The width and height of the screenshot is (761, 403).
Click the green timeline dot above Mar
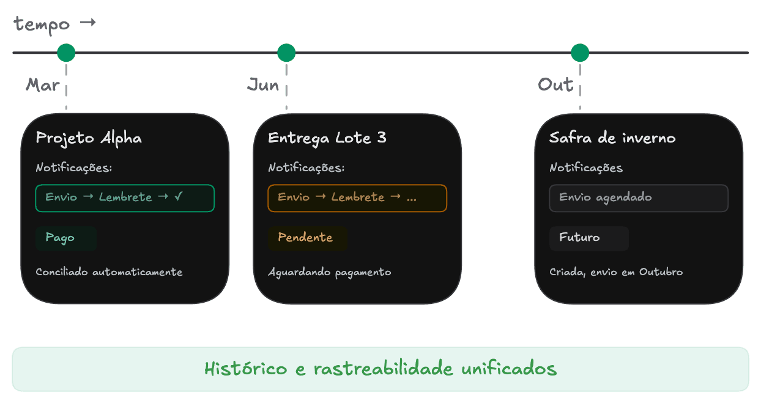pos(66,53)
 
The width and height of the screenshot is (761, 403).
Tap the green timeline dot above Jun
pos(286,53)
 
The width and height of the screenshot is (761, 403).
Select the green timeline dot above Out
pos(580,53)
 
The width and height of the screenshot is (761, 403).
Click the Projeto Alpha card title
pos(89,138)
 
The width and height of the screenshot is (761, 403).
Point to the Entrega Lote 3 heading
pos(327,138)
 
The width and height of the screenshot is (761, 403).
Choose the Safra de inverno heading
pos(612,138)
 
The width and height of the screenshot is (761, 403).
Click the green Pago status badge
pos(60,238)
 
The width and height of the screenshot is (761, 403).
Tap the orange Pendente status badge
pos(305,238)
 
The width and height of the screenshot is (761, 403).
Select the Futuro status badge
pos(579,238)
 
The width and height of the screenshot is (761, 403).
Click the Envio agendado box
pos(639,198)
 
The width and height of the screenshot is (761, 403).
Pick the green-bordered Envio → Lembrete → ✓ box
pos(125,198)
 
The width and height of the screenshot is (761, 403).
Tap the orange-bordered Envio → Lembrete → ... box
pos(357,198)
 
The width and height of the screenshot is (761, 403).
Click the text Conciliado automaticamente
pos(109,272)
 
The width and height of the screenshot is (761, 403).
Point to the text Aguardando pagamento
pos(330,272)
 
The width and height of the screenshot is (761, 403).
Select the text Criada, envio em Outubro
pos(616,272)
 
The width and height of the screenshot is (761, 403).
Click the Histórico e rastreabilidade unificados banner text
pos(381,369)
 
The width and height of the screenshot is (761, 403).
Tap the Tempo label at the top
pos(43,25)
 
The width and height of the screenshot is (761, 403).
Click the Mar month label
pos(42,85)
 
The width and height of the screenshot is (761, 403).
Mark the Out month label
pos(555,84)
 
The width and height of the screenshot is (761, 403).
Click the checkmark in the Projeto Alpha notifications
pos(178,197)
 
